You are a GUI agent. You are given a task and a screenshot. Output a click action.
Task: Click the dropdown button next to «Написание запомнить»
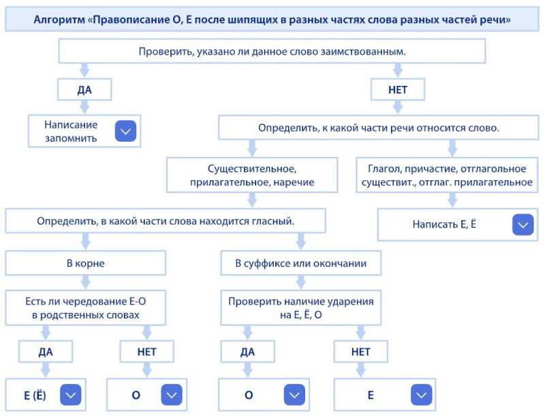click(x=125, y=131)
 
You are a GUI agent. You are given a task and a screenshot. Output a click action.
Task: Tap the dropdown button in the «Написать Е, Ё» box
click(x=523, y=224)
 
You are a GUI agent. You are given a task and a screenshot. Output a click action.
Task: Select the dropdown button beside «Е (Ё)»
click(x=71, y=395)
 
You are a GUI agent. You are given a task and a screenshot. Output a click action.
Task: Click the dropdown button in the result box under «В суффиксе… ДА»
click(x=294, y=395)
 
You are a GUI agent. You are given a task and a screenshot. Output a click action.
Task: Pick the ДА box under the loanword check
click(x=84, y=90)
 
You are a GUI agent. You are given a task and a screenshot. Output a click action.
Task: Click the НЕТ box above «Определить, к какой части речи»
click(x=398, y=90)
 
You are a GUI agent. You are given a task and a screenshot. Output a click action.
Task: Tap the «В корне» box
click(x=86, y=263)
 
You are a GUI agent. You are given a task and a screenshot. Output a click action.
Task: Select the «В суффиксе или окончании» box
click(x=301, y=263)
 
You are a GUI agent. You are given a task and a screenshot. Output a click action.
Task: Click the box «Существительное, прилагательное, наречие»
click(x=252, y=175)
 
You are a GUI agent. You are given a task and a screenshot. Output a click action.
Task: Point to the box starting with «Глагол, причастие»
click(x=447, y=175)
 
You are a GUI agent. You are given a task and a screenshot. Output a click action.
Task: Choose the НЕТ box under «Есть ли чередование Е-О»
click(x=146, y=352)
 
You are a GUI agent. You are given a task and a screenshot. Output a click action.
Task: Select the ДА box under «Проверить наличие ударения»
click(x=247, y=352)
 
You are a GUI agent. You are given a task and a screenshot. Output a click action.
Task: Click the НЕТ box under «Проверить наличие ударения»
click(x=361, y=352)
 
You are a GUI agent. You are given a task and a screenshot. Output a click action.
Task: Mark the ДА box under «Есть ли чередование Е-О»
click(x=46, y=352)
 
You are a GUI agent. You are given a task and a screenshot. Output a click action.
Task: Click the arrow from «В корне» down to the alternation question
click(x=86, y=282)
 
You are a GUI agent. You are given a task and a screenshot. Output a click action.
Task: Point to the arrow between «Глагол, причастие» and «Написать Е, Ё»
click(x=452, y=200)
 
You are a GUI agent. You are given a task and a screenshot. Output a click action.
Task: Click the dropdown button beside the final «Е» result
click(x=421, y=395)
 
